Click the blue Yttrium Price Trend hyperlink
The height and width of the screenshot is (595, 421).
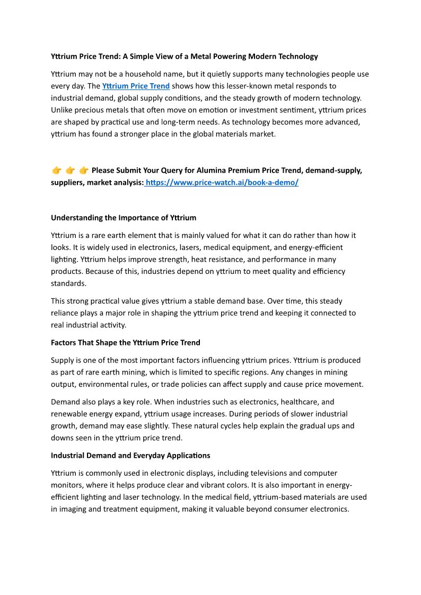click(x=136, y=86)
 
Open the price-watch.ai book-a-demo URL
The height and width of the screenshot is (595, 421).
click(x=222, y=183)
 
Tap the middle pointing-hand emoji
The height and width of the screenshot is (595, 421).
click(x=70, y=171)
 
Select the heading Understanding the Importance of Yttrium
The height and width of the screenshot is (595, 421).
click(x=124, y=218)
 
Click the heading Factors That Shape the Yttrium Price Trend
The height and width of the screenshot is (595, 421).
click(x=126, y=343)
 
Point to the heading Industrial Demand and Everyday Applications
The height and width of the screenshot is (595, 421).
click(x=130, y=456)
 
